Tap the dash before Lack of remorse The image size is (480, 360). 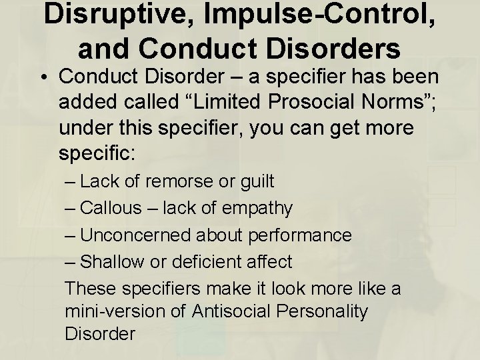(x=70, y=181)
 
